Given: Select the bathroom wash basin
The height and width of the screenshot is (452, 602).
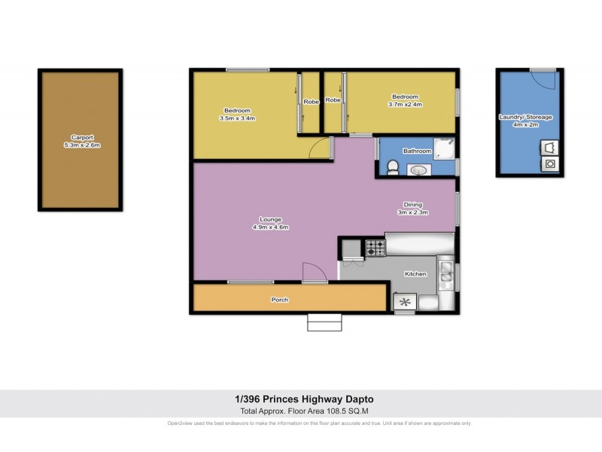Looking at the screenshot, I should [417, 170].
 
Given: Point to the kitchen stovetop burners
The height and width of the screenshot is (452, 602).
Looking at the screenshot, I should [375, 248].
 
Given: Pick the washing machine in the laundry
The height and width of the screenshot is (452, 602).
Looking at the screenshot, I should [550, 163].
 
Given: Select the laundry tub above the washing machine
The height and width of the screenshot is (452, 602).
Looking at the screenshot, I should [550, 147].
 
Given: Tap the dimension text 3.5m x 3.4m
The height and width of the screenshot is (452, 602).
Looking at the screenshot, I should [238, 118].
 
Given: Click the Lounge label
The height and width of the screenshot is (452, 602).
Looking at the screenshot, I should [272, 219].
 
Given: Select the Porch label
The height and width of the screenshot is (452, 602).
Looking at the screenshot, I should [279, 300].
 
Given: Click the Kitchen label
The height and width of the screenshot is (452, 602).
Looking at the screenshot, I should [416, 273].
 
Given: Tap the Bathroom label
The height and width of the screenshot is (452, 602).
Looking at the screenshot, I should [417, 151].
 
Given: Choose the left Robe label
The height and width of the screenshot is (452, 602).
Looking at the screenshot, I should [311, 101].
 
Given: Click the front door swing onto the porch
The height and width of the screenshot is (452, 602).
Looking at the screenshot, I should [314, 272].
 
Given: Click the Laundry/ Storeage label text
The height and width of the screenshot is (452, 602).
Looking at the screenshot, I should [525, 117].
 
